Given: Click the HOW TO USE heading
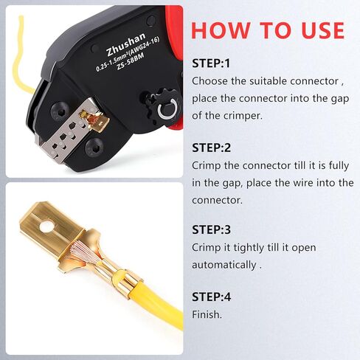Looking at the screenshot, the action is (x=268, y=30).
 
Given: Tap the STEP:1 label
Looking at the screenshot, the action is (x=211, y=63).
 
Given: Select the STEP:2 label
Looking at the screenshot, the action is (x=211, y=148).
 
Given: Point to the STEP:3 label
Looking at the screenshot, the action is (x=211, y=229).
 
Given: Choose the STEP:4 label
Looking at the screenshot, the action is (x=212, y=297).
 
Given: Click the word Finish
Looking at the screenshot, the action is (x=207, y=314).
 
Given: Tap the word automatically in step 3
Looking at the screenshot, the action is (x=224, y=265).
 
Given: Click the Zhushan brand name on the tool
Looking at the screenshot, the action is (x=126, y=44).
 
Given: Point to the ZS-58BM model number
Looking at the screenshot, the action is (x=131, y=61).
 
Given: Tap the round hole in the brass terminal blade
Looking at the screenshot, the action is (x=47, y=226).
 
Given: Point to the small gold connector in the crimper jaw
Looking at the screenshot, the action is (x=94, y=120).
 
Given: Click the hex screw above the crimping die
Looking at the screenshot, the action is (x=60, y=112).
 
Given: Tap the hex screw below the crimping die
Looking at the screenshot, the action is (x=94, y=147).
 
